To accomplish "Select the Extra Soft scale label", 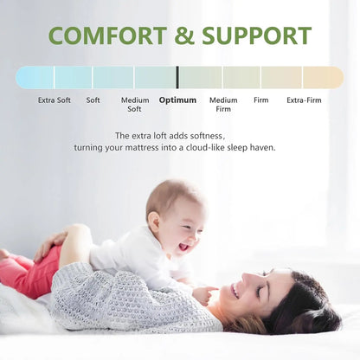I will tap(55, 100).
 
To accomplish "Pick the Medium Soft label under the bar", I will tap(135, 105).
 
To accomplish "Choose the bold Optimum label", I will tap(177, 100).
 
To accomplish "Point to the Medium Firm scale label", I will tap(223, 105).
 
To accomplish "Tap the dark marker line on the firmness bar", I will tap(177, 78).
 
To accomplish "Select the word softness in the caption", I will tap(208, 136).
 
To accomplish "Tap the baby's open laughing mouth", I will tap(184, 247).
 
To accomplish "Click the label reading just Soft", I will tap(93, 100).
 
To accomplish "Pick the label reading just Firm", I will tap(260, 100).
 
